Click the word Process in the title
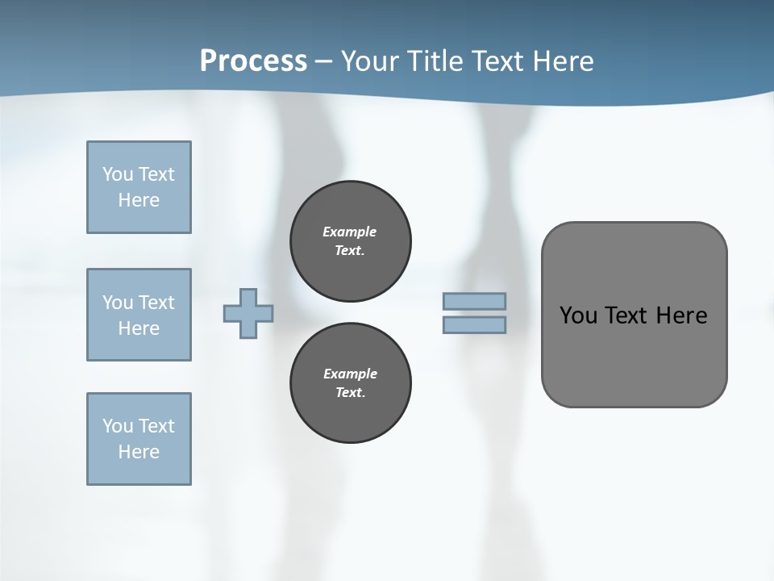pos(253,61)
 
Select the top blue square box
pos(139,187)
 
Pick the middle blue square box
pos(139,315)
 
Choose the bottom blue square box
pos(139,439)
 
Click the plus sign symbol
pos(248,313)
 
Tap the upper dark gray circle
pos(350,241)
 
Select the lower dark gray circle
pos(350,383)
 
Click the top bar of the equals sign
pos(474,302)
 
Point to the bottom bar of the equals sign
pos(474,325)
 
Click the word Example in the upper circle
pos(349,232)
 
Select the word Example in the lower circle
pos(350,374)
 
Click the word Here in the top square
pos(139,200)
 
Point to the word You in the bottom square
pos(118,426)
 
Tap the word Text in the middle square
pos(156,303)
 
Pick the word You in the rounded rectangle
pos(578,316)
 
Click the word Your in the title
pos(370,61)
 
